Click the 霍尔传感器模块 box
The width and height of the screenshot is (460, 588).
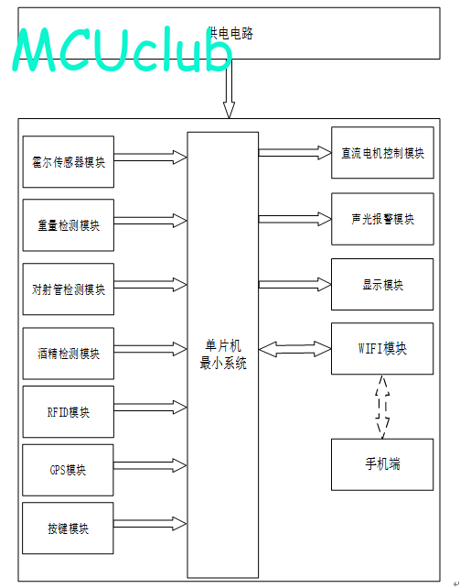point(69,161)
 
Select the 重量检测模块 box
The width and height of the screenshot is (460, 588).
point(69,225)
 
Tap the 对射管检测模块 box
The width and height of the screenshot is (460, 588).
point(69,289)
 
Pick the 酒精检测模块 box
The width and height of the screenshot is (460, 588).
point(69,354)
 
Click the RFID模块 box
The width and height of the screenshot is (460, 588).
point(69,412)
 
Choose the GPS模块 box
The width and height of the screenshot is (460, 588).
point(68,470)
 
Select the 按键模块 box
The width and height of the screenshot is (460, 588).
point(68,528)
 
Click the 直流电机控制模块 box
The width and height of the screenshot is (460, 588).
point(382,153)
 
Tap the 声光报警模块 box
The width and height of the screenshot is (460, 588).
point(382,219)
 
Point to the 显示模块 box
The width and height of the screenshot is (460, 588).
point(382,284)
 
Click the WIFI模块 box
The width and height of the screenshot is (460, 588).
point(382,348)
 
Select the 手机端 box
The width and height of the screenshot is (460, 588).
point(382,464)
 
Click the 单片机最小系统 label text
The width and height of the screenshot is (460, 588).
point(223,354)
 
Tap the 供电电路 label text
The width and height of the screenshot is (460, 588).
point(230,33)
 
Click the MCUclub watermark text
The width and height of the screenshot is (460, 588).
point(123,49)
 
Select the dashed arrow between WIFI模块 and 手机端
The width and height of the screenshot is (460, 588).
point(382,407)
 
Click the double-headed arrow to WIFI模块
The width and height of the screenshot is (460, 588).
point(295,349)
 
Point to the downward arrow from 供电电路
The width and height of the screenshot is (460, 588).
point(229,89)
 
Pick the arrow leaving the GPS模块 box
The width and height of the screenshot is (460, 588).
point(151,466)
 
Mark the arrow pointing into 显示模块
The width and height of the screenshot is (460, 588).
point(295,285)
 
